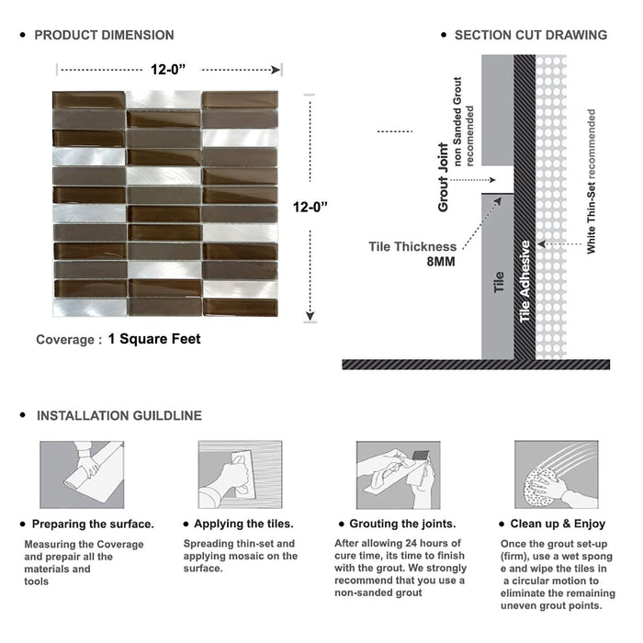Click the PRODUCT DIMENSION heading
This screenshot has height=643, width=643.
[104, 35]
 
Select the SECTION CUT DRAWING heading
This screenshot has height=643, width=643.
[530, 35]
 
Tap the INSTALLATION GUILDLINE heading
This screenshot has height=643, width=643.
[118, 416]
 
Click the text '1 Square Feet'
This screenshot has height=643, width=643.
[153, 339]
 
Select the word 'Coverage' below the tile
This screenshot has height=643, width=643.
[64, 340]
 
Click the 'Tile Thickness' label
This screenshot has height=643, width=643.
[412, 246]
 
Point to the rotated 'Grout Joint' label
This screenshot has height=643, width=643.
[444, 177]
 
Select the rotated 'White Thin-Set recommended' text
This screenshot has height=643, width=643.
[592, 182]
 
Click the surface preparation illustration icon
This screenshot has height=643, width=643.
[82, 474]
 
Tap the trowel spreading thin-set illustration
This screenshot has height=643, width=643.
[240, 474]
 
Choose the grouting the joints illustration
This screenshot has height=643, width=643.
[398, 474]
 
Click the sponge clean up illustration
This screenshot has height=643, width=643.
[556, 474]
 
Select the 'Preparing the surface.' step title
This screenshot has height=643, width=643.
[93, 525]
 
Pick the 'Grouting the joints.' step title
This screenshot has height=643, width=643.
[403, 525]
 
